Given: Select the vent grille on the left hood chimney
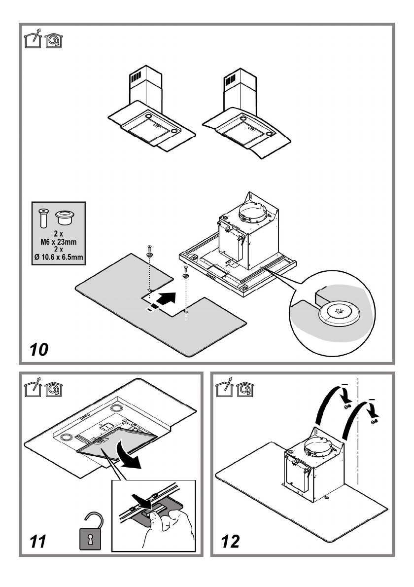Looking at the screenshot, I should (x=135, y=79).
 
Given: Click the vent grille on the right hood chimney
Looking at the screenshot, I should (x=231, y=80).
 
